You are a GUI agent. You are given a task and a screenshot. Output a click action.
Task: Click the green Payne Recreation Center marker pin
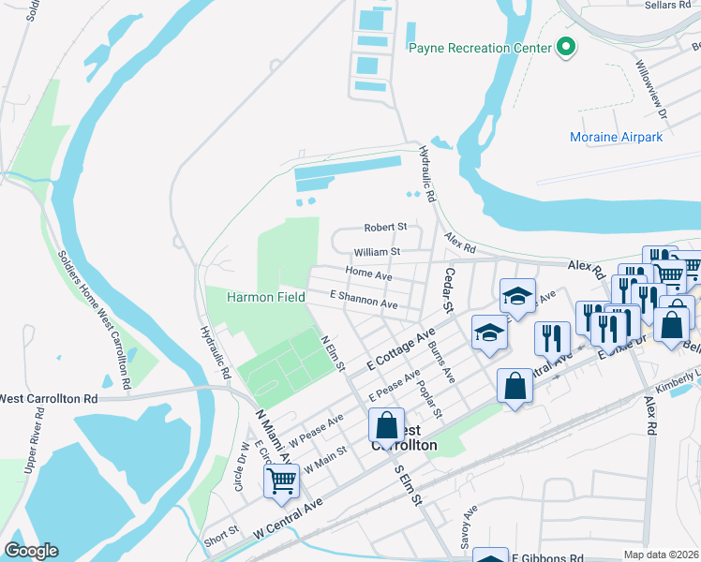[565, 46]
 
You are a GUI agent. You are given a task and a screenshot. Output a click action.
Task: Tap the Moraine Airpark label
[616, 138]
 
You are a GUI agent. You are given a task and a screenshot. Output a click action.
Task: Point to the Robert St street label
[385, 228]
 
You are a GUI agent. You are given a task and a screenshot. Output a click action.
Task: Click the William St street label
[377, 252]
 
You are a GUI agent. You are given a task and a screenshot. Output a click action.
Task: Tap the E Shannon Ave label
[363, 301]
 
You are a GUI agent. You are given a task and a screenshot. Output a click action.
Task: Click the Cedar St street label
[448, 289]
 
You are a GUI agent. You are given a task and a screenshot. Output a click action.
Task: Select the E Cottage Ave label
[401, 348]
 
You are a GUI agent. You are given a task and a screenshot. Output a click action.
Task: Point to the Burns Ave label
[441, 361]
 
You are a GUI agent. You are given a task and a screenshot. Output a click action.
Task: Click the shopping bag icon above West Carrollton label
[386, 426]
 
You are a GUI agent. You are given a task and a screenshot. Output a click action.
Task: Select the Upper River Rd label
[31, 478]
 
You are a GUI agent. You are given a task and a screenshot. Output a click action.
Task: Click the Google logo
[31, 551]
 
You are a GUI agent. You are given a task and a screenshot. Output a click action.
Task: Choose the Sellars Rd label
[666, 6]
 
